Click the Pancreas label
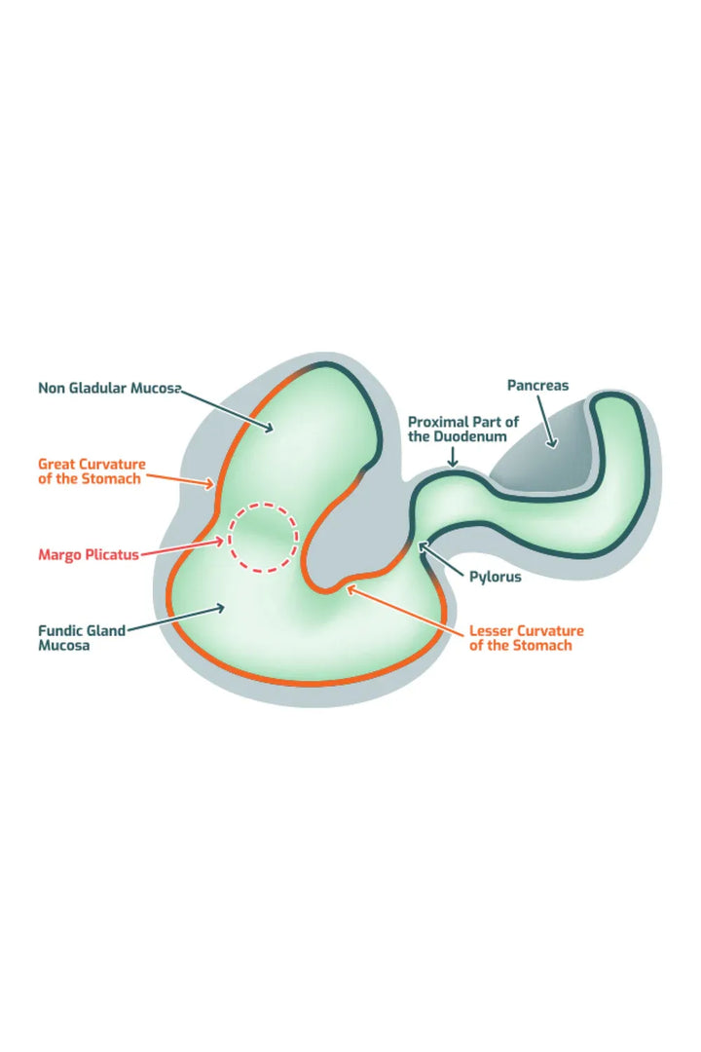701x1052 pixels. click(x=537, y=385)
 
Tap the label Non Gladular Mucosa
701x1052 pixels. click(x=110, y=388)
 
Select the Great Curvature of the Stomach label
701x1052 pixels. click(x=92, y=471)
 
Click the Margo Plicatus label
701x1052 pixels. click(x=89, y=555)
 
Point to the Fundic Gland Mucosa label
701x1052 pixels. click(x=82, y=638)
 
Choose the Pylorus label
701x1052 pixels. click(x=495, y=577)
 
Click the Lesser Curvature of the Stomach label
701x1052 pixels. click(x=526, y=638)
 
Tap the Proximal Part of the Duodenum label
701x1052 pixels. click(x=463, y=429)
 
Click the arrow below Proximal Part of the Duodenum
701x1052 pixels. click(x=453, y=457)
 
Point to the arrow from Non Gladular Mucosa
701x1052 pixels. click(x=228, y=411)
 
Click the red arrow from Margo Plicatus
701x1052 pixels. click(x=183, y=546)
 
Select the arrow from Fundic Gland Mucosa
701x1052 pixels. click(x=176, y=619)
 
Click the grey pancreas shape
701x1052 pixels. click(x=543, y=456)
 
